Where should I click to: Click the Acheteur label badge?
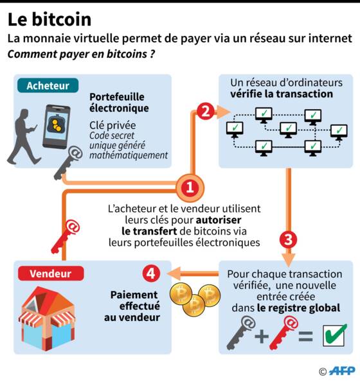point(48,85)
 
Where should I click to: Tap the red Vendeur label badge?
point(51,273)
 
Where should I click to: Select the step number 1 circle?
point(190,188)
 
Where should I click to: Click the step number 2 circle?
point(205,111)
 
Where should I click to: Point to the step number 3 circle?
point(288,239)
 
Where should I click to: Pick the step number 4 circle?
point(151,273)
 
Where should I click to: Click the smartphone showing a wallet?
point(57,126)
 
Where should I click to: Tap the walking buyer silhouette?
point(22,137)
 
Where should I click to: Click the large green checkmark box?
point(334,335)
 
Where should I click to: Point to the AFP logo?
point(342,371)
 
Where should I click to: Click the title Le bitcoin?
point(50,19)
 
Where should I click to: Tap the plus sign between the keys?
point(262,336)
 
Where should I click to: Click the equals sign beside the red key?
point(305,336)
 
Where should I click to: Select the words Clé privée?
point(113,125)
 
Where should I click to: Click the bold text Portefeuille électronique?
point(119,103)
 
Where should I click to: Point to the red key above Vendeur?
point(66,236)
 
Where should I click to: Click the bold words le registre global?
point(298,308)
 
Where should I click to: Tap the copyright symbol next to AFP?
point(323,372)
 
